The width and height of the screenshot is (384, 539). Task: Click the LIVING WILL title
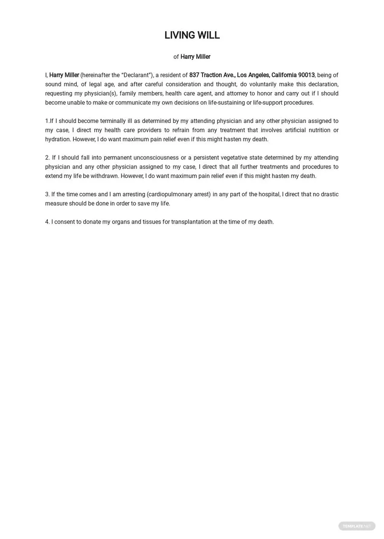point(192,35)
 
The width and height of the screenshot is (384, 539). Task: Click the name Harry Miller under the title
point(195,57)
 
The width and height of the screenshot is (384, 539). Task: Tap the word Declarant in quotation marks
point(137,75)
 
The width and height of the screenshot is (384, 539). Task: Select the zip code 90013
point(306,75)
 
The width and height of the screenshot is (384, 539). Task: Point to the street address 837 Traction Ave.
point(212,75)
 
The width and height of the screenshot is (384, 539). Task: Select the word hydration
point(57,139)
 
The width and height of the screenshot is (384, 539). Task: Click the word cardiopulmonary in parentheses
point(169,194)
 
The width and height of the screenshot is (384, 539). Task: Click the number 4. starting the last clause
point(47,222)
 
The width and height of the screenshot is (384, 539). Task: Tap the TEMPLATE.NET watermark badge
point(357,526)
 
